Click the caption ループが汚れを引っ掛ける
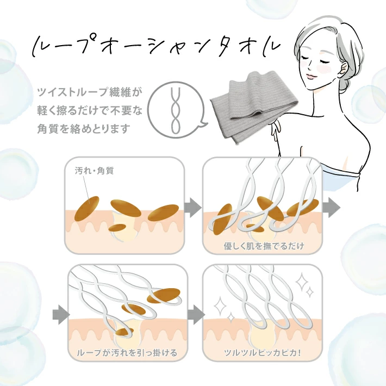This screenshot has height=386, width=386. coord(127,352)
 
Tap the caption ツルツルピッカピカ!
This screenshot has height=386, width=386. coord(264,352)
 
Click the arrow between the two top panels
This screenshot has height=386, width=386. coord(192,207)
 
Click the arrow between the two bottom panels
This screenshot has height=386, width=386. coord(192,314)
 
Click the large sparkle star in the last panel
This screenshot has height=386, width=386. coord(300,281)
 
